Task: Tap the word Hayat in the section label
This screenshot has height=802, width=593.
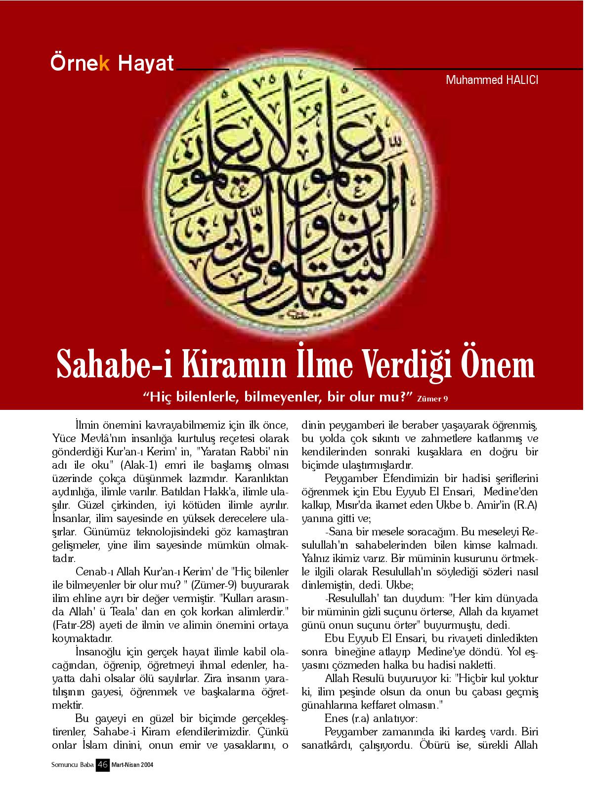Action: click(146, 64)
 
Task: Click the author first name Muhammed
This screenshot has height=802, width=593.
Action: click(469, 79)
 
